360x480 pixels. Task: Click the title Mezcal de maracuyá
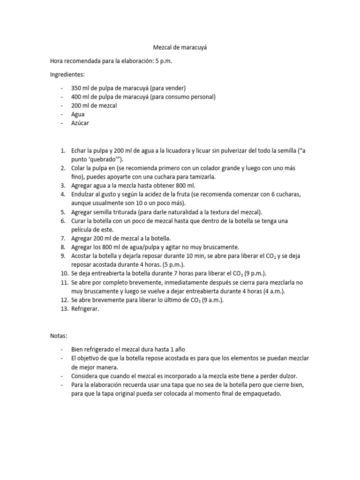pos(180,47)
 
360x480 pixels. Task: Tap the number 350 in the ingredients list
pos(77,88)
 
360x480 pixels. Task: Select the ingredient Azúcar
pos(80,123)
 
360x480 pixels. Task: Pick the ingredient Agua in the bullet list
pos(78,114)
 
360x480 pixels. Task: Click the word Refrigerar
pos(85,309)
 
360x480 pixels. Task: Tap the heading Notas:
pos(59,336)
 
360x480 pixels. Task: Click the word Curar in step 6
pos(79,220)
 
